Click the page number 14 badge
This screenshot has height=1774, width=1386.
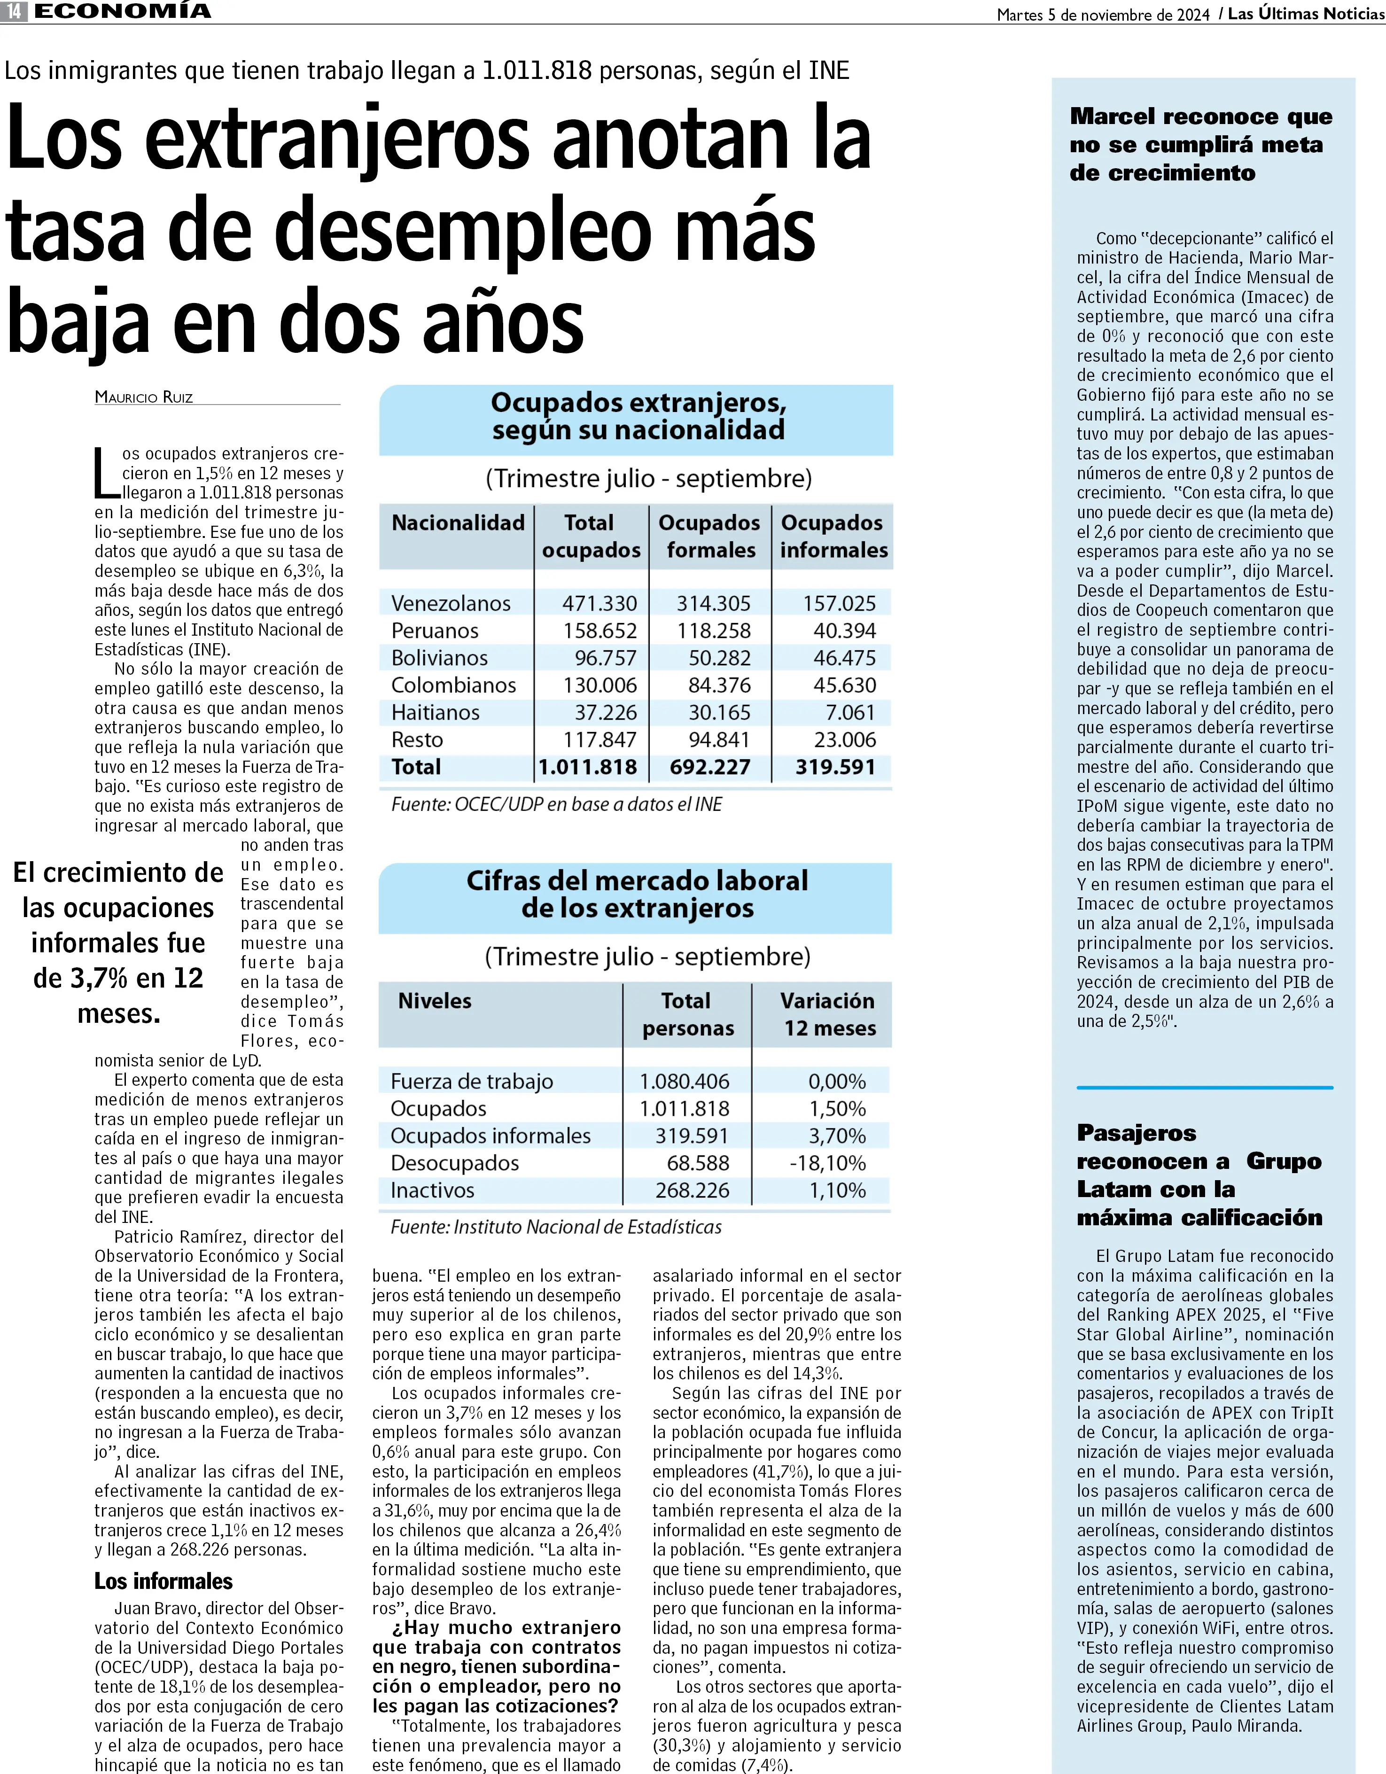pos(14,11)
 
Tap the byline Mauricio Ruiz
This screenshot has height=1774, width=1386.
pos(144,397)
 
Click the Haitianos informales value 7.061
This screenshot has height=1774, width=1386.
pos(850,712)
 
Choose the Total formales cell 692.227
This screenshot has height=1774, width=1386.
pos(709,767)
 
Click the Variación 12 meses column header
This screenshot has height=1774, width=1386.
pos(829,1014)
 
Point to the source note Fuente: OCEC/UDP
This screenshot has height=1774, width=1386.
pos(556,804)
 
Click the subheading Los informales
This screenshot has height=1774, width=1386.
pos(164,1581)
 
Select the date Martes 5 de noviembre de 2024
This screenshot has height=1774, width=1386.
pos(1103,15)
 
